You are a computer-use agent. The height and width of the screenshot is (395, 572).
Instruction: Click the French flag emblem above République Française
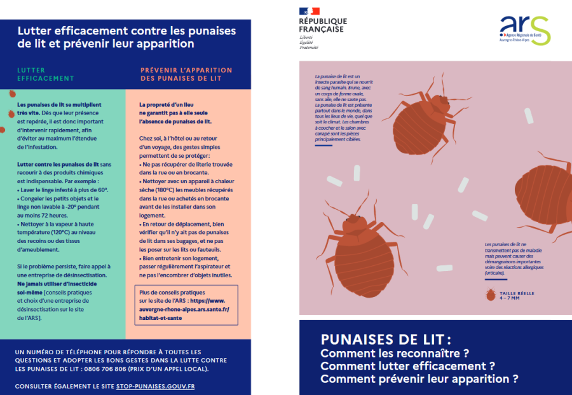[309, 11]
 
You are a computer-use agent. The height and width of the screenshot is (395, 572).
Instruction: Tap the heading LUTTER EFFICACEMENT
[45, 74]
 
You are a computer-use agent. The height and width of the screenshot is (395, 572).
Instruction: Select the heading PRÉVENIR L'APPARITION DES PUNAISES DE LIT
[186, 74]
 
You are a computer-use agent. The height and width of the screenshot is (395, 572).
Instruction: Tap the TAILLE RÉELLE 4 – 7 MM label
[517, 295]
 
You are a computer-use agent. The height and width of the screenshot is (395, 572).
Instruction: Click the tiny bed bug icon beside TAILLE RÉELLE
[490, 295]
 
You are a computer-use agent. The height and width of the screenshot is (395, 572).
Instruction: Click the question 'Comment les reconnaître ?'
[395, 353]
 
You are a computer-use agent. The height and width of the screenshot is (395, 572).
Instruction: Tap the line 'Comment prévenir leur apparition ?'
[419, 379]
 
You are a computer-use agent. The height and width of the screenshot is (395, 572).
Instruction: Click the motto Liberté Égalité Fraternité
[308, 43]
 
